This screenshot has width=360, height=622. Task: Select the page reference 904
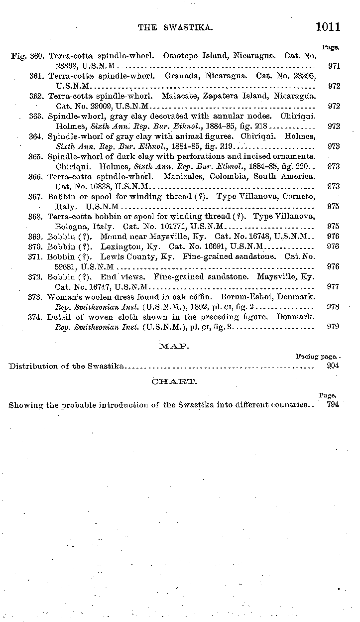[x=333, y=366]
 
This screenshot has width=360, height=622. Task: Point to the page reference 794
[x=333, y=404]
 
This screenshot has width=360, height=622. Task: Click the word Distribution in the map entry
[x=32, y=367]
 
